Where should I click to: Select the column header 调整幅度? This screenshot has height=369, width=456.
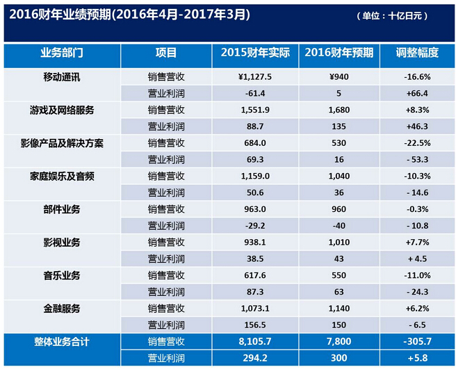417,53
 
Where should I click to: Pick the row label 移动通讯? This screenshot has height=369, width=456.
62,76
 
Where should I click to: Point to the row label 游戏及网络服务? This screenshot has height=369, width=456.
62,110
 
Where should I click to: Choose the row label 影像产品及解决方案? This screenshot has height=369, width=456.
62,143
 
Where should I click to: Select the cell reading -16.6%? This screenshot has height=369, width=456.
418,77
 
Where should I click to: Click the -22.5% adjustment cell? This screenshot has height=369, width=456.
418,143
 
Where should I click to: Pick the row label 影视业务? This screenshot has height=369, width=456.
62,243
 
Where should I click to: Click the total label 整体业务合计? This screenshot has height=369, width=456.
62,342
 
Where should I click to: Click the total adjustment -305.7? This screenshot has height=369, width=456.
418,342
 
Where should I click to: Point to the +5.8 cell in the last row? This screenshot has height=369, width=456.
418,358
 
